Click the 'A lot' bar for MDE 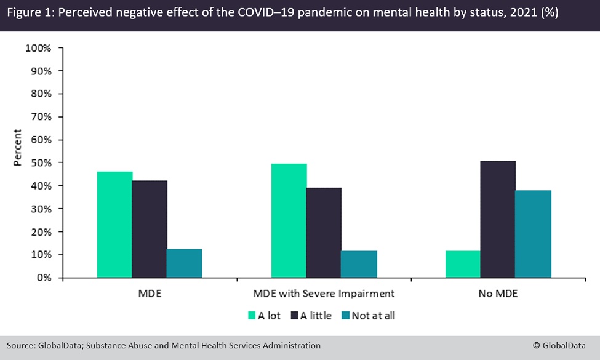[114, 225]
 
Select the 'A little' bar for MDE [150, 229]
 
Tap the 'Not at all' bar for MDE [185, 263]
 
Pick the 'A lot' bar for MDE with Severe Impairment [289, 220]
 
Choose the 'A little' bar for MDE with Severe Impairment [324, 233]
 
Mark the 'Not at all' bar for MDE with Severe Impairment [359, 264]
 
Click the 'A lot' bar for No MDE [463, 264]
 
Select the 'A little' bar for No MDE [498, 219]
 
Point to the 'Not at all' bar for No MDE [533, 234]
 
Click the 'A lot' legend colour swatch [252, 316]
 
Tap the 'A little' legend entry [314, 316]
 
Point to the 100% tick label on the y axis [39, 48]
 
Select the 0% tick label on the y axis [44, 278]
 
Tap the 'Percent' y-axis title [18, 148]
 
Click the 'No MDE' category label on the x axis [498, 294]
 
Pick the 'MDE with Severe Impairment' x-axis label [324, 294]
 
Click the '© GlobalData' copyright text [562, 346]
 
